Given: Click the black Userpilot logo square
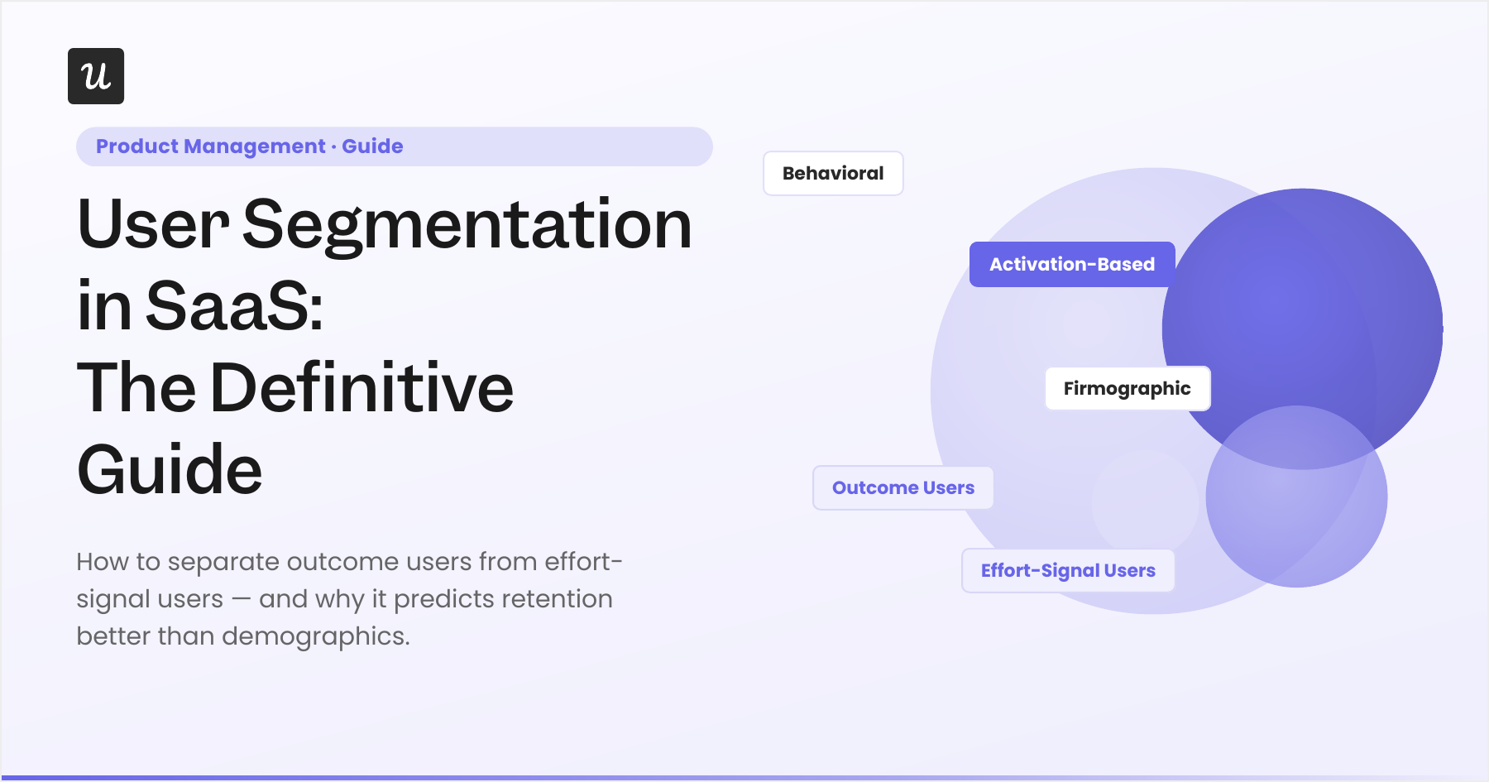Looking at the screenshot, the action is [x=96, y=76].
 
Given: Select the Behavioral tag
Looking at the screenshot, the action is [x=833, y=173].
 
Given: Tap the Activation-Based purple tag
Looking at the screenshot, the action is [x=1072, y=264].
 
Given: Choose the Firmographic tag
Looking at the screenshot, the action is [x=1128, y=388].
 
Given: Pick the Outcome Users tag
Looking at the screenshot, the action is [x=903, y=487].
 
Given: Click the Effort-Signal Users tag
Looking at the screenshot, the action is [x=1068, y=570].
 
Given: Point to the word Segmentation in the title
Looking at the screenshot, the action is [x=467, y=225].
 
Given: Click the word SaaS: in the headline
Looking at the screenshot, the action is [x=235, y=305].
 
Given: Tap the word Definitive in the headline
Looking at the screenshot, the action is [x=362, y=387].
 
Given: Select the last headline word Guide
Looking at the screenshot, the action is [x=170, y=469].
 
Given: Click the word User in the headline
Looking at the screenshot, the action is [x=153, y=223].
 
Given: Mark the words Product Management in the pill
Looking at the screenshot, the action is [x=211, y=146].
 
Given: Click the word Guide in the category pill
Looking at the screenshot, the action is [x=372, y=146].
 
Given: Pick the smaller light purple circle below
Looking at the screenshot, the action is [x=1296, y=497].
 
